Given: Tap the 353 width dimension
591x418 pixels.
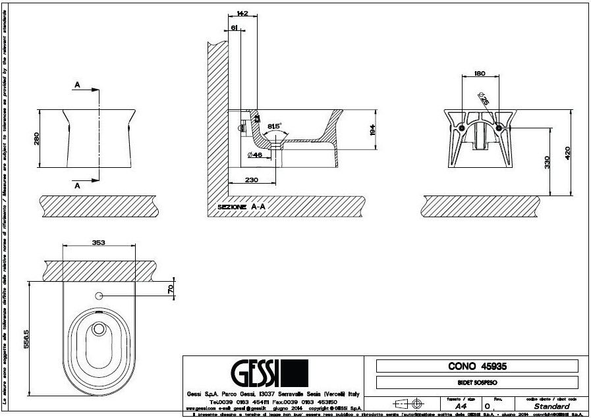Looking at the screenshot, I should (x=99, y=242).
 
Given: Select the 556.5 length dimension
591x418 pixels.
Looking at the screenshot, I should (x=25, y=340).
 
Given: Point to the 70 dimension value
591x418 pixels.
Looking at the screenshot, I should (x=170, y=288).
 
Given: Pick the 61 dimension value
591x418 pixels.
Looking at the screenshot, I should (x=235, y=27).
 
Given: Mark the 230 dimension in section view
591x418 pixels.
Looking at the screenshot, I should (x=251, y=180).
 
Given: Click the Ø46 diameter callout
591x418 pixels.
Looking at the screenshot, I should (x=256, y=155).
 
